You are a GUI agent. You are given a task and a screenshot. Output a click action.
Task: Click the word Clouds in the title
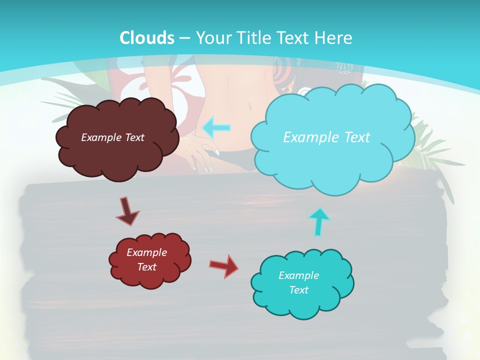(x=147, y=38)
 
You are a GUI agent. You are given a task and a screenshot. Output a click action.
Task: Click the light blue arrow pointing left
(x=216, y=127)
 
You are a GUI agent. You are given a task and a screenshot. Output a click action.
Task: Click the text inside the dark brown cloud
(x=112, y=137)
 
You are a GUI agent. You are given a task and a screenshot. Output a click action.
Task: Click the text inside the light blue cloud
(x=326, y=137)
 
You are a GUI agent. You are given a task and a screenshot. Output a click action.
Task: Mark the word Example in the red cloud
(x=146, y=252)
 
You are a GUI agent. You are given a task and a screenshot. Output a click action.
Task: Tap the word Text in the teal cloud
(x=298, y=290)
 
